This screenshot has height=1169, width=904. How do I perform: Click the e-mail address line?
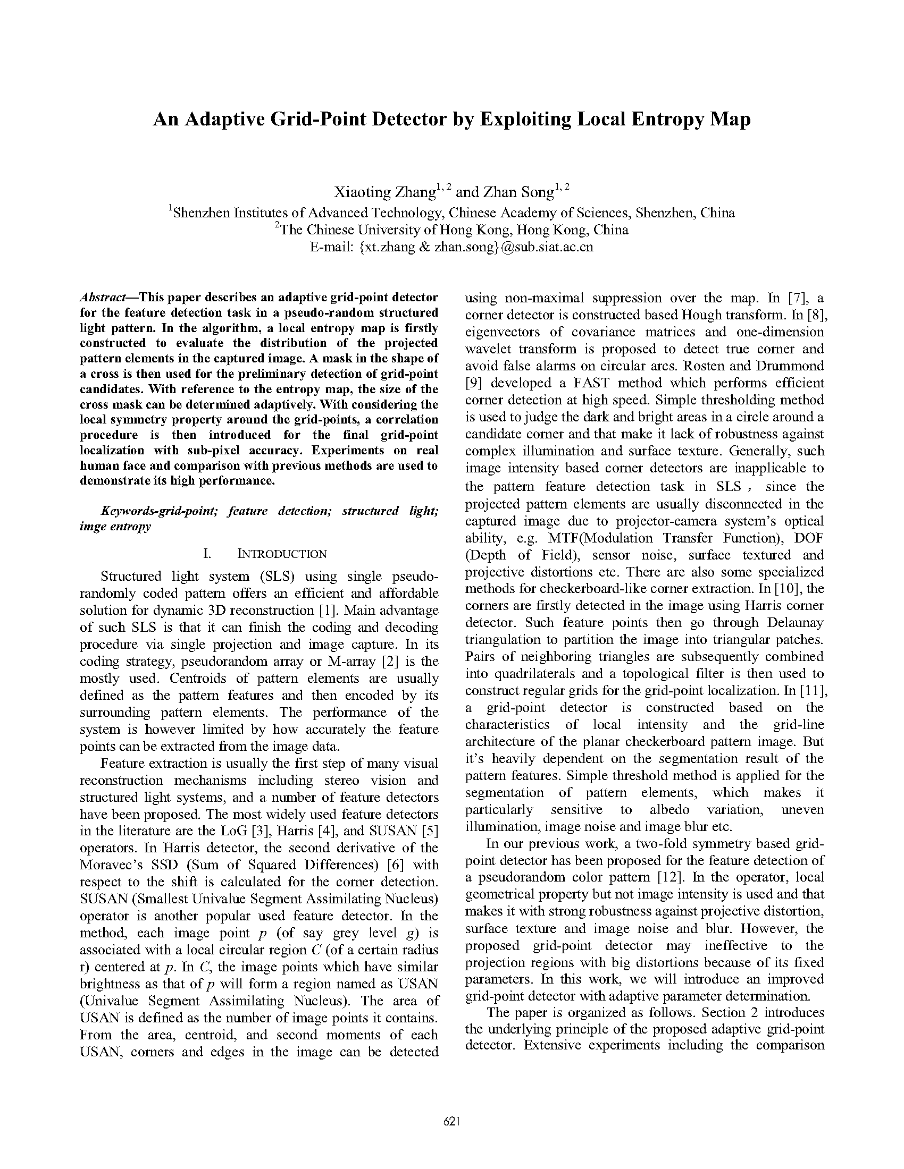pos(451,247)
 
